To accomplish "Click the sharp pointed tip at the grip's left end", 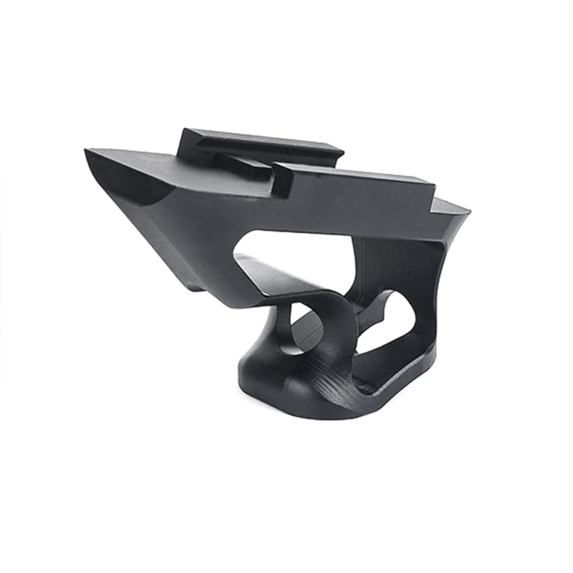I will coord(88,152).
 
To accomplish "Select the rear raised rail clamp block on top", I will coord(258,143).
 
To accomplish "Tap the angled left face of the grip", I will coord(172,241).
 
